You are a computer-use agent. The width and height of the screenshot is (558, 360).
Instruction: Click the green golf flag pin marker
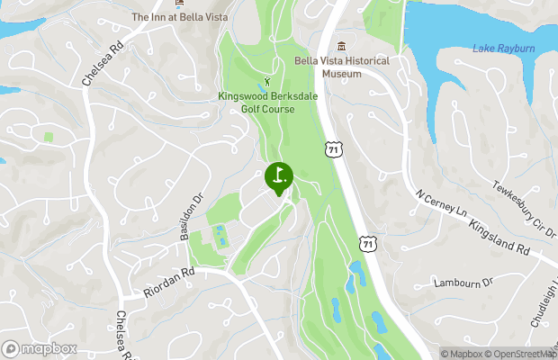click(278, 176)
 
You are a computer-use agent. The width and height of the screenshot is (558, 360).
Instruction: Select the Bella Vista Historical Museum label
click(342, 67)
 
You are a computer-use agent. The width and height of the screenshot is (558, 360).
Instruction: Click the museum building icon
click(341, 46)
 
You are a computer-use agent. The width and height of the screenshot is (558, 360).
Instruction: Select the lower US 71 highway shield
click(367, 242)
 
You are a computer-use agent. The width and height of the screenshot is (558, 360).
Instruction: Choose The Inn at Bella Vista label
click(179, 17)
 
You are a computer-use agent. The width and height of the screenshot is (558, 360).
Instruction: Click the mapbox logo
click(39, 348)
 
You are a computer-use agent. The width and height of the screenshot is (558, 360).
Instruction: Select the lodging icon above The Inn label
click(179, 3)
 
